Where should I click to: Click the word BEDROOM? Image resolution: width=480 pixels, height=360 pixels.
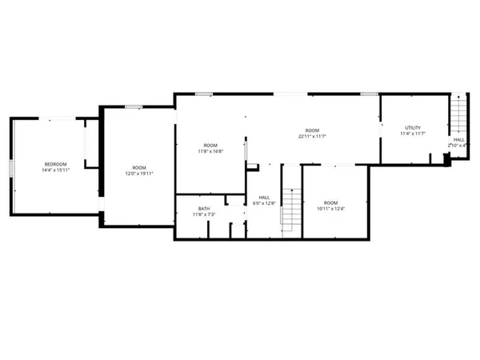tap(55, 164)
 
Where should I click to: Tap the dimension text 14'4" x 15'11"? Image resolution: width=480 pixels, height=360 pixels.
tap(55, 170)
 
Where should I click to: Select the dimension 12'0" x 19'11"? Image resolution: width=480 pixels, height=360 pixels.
tap(138, 174)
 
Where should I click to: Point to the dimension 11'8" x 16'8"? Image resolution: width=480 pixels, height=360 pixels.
tap(210, 151)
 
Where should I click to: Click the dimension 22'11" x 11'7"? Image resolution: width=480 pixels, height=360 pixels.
tap(311, 136)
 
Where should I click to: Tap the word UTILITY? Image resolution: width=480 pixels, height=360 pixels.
tap(412, 128)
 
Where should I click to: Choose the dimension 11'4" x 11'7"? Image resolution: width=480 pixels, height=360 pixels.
tap(412, 134)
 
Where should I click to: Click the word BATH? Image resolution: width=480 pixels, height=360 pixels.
tap(204, 209)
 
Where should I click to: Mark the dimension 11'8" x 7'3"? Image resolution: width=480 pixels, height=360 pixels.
tap(204, 215)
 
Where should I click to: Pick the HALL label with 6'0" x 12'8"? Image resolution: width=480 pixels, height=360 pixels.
tap(262, 197)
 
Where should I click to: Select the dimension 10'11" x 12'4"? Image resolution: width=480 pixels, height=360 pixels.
tap(330, 209)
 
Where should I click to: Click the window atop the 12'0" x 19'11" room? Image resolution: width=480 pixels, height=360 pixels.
tap(134, 107)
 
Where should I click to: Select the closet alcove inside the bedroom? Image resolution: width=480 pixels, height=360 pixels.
tap(91, 144)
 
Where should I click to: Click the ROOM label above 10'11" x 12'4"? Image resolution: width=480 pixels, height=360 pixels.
tap(330, 202)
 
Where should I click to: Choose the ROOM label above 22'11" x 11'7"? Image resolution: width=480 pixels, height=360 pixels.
tap(311, 130)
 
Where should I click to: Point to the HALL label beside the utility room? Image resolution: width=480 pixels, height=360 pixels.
tap(458, 139)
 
